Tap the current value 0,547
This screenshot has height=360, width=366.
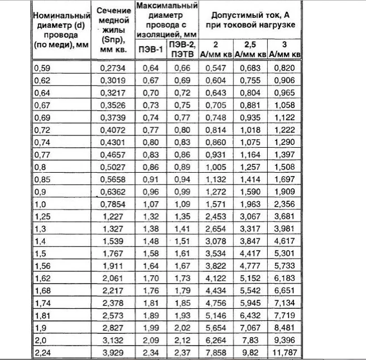pos(218,66)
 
